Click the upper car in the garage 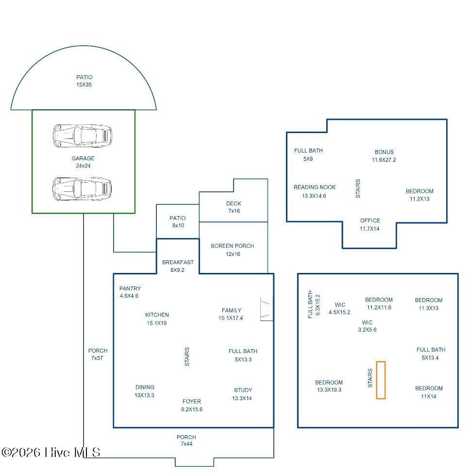pyautogui.click(x=83, y=135)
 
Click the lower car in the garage pyautogui.click(x=82, y=188)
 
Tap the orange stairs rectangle pyautogui.click(x=381, y=380)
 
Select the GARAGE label pyautogui.click(x=83, y=158)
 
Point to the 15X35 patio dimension pyautogui.click(x=84, y=85)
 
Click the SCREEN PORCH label pyautogui.click(x=233, y=246)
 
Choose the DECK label pyautogui.click(x=234, y=204)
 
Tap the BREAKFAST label pyautogui.click(x=178, y=262)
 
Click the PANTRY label pyautogui.click(x=130, y=288)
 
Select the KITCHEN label pyautogui.click(x=157, y=315)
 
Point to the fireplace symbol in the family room pyautogui.click(x=267, y=309)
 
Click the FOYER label pyautogui.click(x=192, y=402)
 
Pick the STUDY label pyautogui.click(x=243, y=390)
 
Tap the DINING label pyautogui.click(x=145, y=387)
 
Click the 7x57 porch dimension pyautogui.click(x=97, y=358)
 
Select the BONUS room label pyautogui.click(x=384, y=152)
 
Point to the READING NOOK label pyautogui.click(x=315, y=187)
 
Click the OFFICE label pyautogui.click(x=370, y=220)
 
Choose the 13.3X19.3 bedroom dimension pyautogui.click(x=329, y=390)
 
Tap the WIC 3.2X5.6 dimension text pyautogui.click(x=367, y=330)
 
